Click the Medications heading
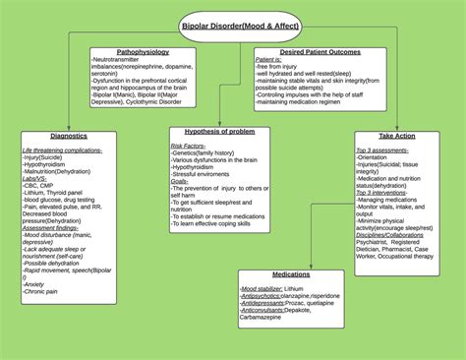coord(290,274)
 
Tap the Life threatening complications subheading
coord(62,150)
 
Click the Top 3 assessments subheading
coord(383,149)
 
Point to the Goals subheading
coord(179,182)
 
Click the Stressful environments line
coord(206,174)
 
